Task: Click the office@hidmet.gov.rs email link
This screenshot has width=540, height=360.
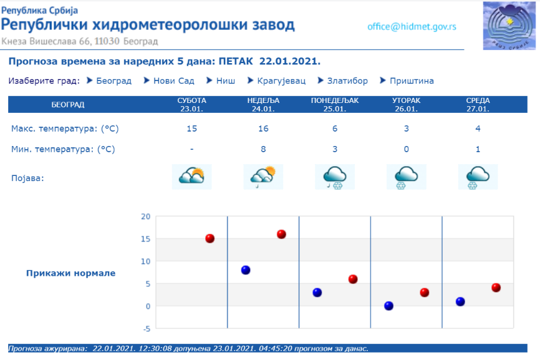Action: click(x=412, y=27)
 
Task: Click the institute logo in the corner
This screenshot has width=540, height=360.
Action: click(x=509, y=26)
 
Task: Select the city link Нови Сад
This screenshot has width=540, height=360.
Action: click(x=173, y=80)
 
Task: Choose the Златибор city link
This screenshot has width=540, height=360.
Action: click(x=347, y=80)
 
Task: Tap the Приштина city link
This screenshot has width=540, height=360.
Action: click(x=412, y=80)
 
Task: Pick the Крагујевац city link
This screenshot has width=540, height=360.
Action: click(x=281, y=81)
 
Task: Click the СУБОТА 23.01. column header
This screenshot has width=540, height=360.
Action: click(x=192, y=104)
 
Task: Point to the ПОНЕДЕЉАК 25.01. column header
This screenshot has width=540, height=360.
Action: click(x=335, y=104)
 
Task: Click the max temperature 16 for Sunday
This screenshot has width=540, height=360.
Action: click(x=263, y=129)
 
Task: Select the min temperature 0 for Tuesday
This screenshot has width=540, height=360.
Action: click(x=407, y=149)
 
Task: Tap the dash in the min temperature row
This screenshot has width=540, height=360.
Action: click(x=192, y=149)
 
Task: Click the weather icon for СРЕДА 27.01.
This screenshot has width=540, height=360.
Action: click(x=478, y=177)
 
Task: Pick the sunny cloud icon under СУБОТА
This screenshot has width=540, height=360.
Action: click(x=192, y=177)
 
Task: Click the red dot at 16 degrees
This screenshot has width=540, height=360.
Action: click(x=281, y=234)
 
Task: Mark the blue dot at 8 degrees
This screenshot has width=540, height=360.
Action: click(x=246, y=270)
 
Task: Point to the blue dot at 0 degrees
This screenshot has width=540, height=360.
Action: click(x=389, y=306)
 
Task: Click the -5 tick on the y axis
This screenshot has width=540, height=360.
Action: click(x=147, y=329)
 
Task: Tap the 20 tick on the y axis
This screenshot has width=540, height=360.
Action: click(x=146, y=216)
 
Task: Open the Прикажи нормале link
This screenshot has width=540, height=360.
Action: click(x=71, y=273)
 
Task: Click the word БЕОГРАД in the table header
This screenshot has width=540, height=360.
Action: click(x=68, y=105)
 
